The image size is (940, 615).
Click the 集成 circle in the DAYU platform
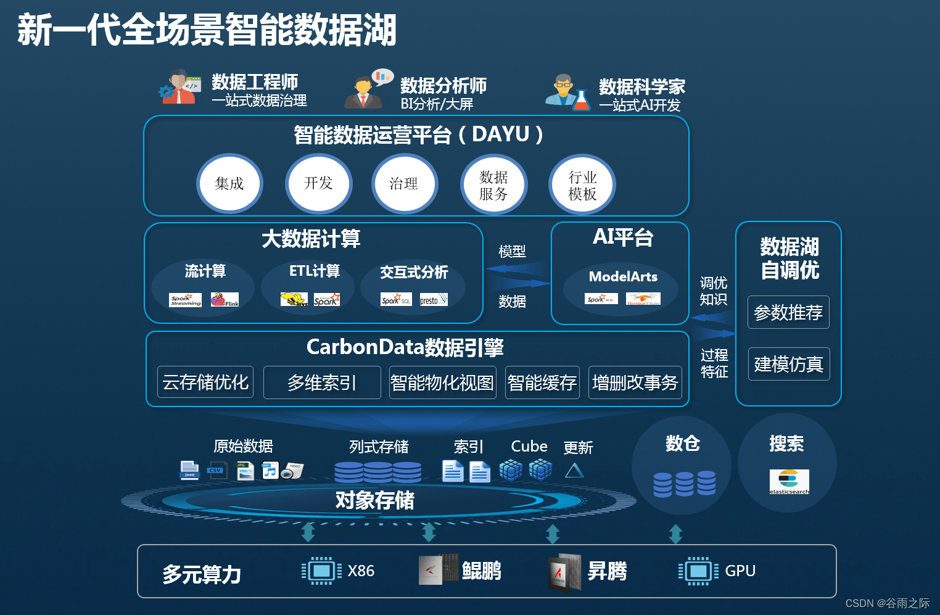pyautogui.click(x=229, y=184)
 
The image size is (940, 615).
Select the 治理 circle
pyautogui.click(x=404, y=184)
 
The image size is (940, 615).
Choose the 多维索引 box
pyautogui.click(x=322, y=382)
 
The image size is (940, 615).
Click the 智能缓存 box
pyautogui.click(x=542, y=382)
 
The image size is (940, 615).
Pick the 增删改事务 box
pyautogui.click(x=635, y=382)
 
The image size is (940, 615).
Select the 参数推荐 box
pyautogui.click(x=788, y=313)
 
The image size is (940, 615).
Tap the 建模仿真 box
pyautogui.click(x=788, y=364)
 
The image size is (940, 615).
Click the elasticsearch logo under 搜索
pyautogui.click(x=789, y=482)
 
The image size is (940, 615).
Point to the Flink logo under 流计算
pyautogui.click(x=225, y=300)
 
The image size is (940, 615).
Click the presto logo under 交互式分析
pyautogui.click(x=434, y=300)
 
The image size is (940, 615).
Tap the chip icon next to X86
pyautogui.click(x=321, y=571)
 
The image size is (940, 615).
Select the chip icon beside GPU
pyautogui.click(x=698, y=571)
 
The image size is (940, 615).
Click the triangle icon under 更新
pyautogui.click(x=574, y=471)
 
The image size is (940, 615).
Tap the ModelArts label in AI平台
pyautogui.click(x=623, y=277)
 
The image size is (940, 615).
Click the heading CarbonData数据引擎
pyautogui.click(x=405, y=347)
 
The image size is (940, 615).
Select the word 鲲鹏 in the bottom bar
pyautogui.click(x=481, y=571)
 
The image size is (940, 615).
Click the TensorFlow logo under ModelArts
pyautogui.click(x=643, y=299)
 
